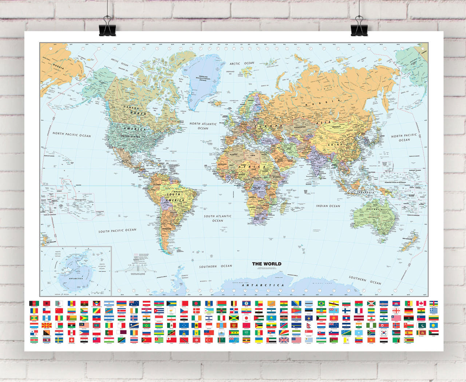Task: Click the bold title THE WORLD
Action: (266, 264)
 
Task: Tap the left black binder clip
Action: (107, 27)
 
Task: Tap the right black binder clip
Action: (359, 27)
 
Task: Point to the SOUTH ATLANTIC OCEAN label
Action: (218, 218)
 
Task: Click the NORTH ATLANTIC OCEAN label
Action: (203, 126)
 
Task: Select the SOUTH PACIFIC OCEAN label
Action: (117, 231)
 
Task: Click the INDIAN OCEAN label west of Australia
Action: (328, 206)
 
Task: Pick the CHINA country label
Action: (335, 144)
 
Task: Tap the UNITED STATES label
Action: (130, 136)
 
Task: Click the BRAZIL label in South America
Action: (178, 192)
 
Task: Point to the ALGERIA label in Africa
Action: (233, 155)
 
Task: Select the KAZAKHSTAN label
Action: (300, 127)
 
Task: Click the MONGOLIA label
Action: (336, 127)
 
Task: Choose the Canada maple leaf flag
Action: (421, 303)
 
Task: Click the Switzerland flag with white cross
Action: (71, 340)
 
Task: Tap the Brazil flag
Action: (321, 303)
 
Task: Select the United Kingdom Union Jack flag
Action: (284, 340)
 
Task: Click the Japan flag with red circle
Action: (246, 318)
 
